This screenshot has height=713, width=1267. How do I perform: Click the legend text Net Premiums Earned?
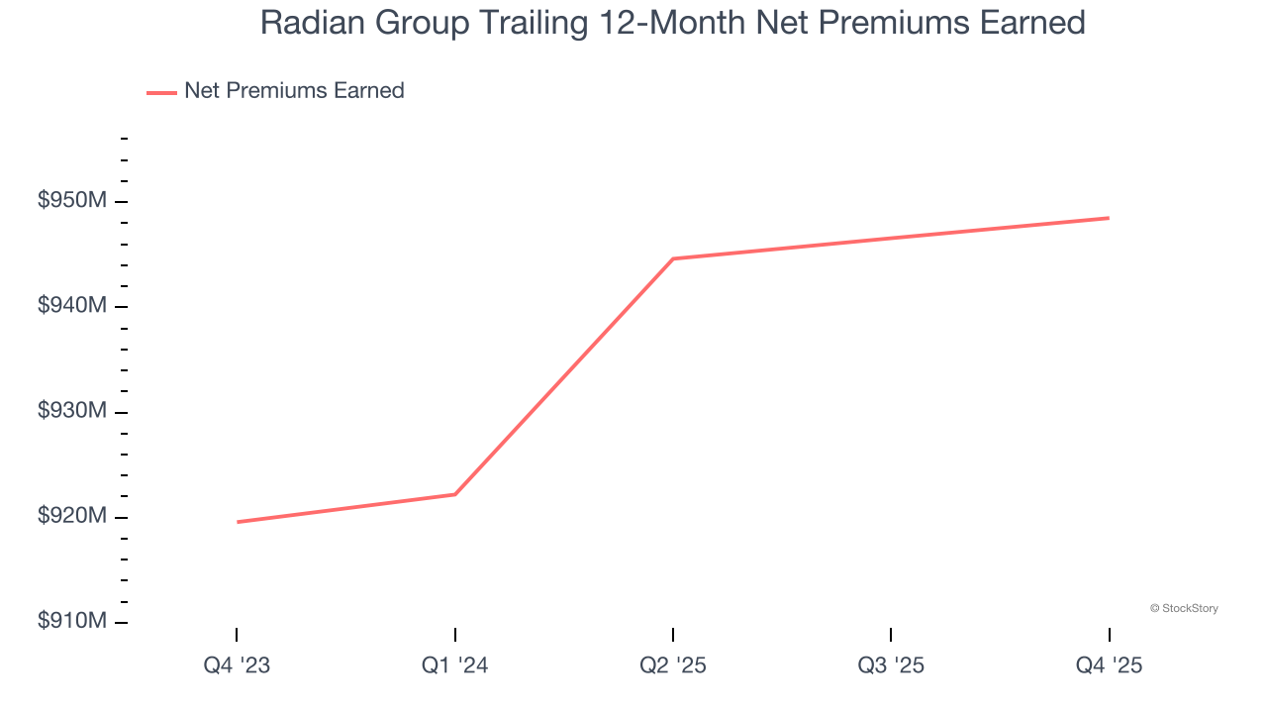[294, 91]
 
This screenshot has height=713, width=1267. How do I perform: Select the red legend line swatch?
[161, 92]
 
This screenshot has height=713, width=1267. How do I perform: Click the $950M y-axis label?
[72, 201]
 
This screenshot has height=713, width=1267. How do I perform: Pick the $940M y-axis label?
[72, 306]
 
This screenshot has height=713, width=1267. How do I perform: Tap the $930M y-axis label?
[72, 411]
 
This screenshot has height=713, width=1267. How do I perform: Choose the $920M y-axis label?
[72, 516]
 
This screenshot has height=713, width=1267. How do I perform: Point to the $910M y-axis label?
[72, 621]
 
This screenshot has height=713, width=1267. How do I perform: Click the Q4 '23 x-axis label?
[237, 665]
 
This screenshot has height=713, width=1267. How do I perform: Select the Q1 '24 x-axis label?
[454, 665]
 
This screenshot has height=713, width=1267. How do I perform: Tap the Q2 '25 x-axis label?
[673, 665]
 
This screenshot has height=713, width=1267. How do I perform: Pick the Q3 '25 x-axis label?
[891, 665]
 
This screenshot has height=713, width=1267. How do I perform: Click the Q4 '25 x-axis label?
[1109, 665]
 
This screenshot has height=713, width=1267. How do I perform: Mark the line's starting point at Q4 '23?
[238, 522]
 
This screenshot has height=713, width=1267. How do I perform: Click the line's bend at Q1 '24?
[455, 494]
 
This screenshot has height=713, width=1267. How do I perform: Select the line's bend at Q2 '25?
[673, 258]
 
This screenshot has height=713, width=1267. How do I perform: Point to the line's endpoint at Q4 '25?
[1109, 218]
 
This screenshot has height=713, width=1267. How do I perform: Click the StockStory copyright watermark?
[1184, 608]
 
